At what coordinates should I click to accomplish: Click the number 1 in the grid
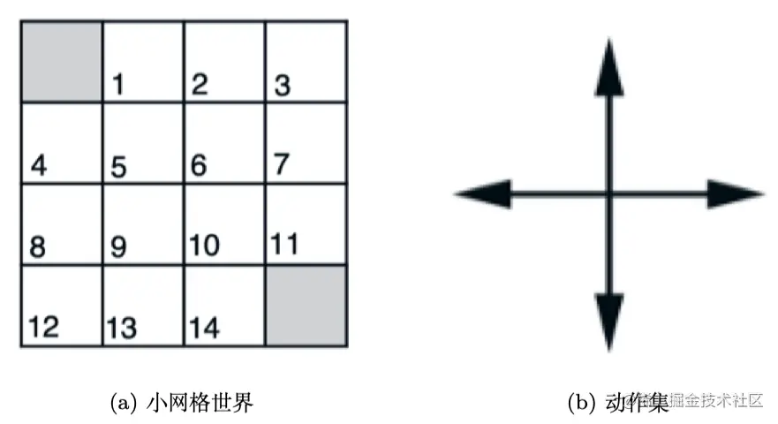click(118, 86)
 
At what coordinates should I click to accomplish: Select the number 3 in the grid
click(283, 86)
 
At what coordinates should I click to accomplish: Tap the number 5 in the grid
click(118, 166)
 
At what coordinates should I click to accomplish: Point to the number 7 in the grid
click(282, 164)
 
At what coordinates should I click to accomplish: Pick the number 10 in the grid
click(205, 246)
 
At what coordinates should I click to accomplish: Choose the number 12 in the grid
click(43, 328)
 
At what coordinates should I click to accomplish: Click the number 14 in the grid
click(205, 328)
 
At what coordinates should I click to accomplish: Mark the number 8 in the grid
click(37, 247)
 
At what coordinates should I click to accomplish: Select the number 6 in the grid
click(200, 165)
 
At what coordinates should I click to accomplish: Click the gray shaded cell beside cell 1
click(62, 61)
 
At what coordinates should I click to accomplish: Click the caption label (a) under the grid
click(122, 404)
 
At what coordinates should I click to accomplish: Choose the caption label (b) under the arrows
click(582, 404)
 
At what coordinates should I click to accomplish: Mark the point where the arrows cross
click(608, 193)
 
